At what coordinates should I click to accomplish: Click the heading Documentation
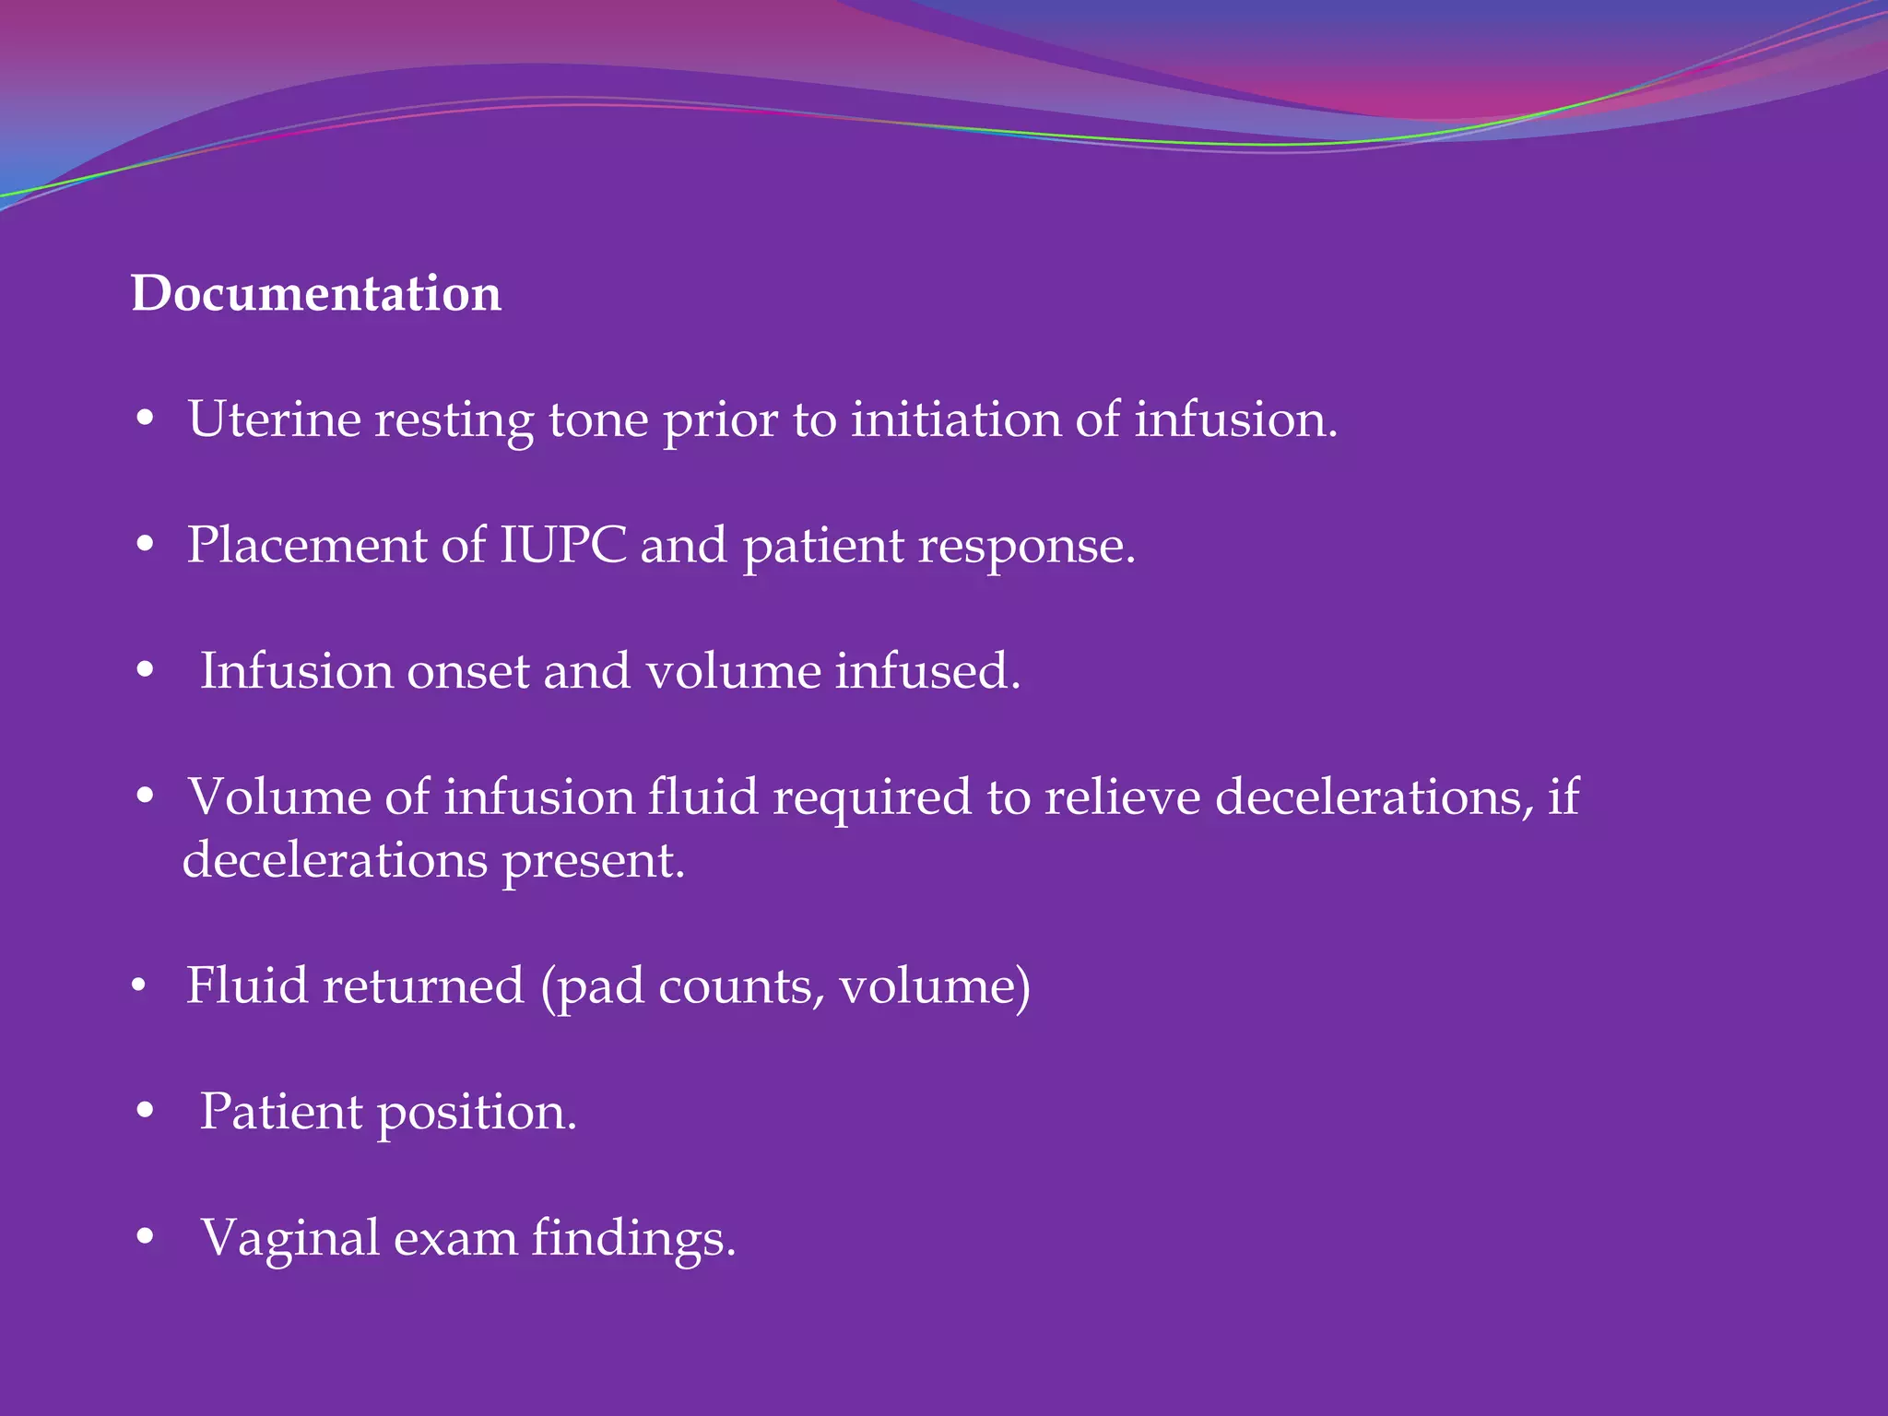click(316, 294)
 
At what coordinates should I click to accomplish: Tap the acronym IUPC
click(562, 545)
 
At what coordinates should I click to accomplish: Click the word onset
click(467, 671)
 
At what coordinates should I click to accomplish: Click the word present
click(593, 862)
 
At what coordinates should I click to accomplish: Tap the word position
click(477, 1113)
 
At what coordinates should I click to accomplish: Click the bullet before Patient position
click(145, 1112)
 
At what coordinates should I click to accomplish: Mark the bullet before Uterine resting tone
click(145, 419)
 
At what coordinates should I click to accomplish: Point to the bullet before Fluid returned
click(139, 986)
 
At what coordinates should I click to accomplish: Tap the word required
click(871, 798)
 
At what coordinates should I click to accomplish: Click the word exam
click(454, 1238)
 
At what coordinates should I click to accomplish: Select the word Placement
click(306, 545)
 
